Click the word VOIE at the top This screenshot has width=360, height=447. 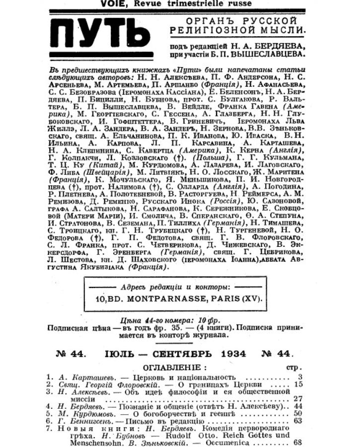coord(112,3)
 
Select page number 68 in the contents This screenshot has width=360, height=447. coord(298,442)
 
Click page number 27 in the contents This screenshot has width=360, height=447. coord(298,398)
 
